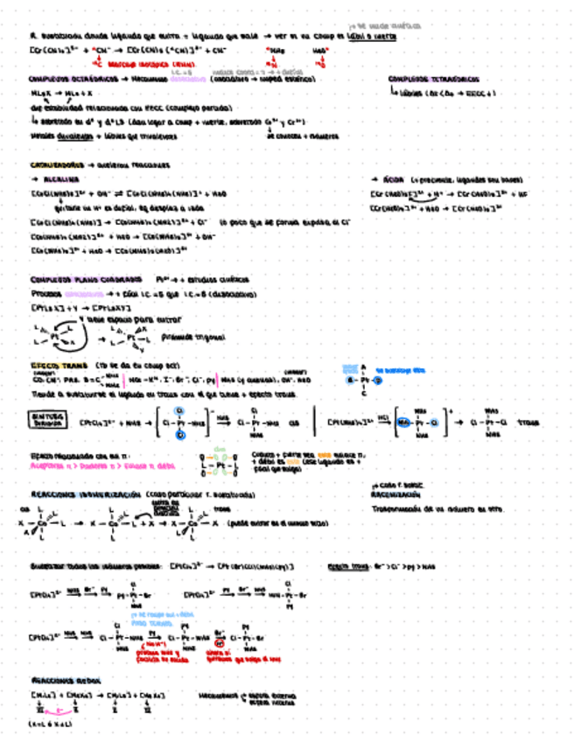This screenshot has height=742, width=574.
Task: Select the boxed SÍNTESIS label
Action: click(x=49, y=421)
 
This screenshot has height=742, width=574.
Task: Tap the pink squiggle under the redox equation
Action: click(x=45, y=710)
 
